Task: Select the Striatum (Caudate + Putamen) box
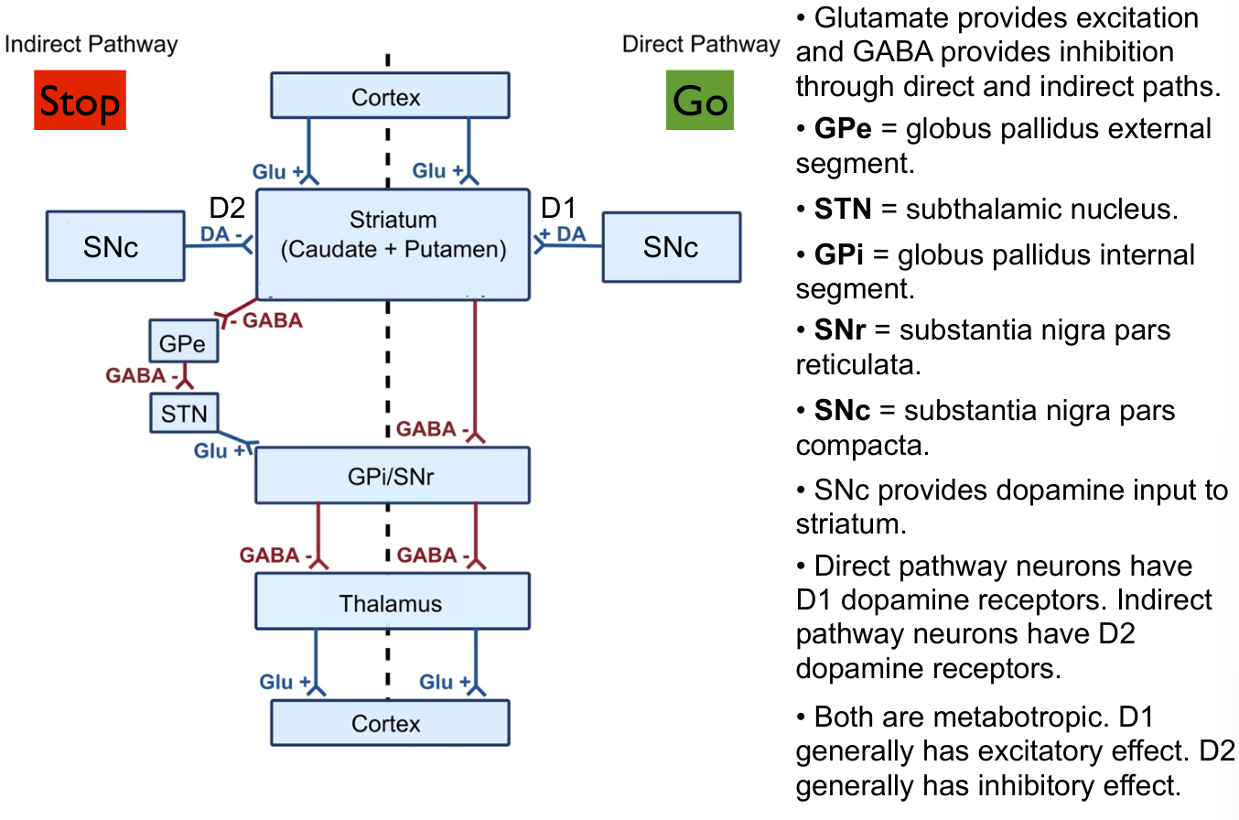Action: [393, 243]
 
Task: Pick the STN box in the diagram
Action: [184, 413]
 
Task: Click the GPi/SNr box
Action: [393, 474]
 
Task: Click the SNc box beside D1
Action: [671, 246]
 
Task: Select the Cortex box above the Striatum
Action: [389, 97]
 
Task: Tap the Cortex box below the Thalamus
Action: [389, 723]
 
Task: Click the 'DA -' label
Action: [221, 235]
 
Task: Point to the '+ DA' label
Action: [563, 235]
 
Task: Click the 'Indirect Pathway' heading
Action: [92, 44]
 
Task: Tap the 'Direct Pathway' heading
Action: [701, 44]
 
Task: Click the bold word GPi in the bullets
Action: [839, 254]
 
